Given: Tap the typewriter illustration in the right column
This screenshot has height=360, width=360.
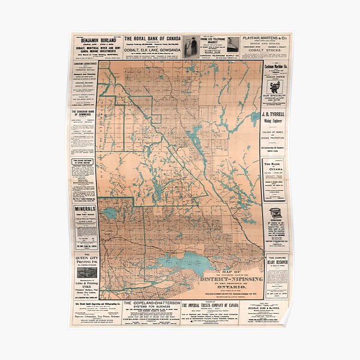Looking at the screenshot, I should click(x=276, y=213).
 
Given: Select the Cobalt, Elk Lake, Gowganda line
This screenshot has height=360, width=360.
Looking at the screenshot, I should click(x=152, y=50).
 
